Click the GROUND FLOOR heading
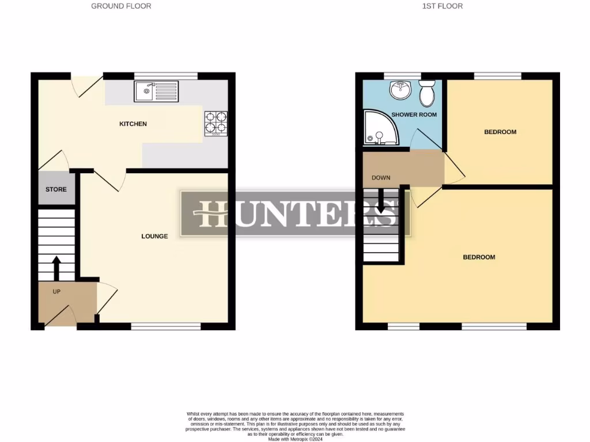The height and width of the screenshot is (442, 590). click(122, 6)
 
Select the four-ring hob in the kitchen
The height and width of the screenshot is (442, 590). click(215, 123)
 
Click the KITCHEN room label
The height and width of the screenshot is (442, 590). click(133, 124)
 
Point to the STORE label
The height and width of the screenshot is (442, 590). click(56, 189)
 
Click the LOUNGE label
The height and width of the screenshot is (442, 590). click(154, 236)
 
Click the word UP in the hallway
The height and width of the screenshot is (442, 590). click(56, 292)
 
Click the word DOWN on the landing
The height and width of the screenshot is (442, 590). click(381, 178)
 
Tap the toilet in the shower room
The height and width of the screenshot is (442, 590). click(427, 93)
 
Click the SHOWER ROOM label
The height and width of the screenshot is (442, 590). click(414, 115)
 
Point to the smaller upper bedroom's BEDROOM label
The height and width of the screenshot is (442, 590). click(500, 132)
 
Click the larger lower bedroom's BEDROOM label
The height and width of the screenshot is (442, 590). click(479, 257)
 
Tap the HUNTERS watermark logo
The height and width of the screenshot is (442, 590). click(296, 214)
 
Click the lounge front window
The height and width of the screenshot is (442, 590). click(166, 326)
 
